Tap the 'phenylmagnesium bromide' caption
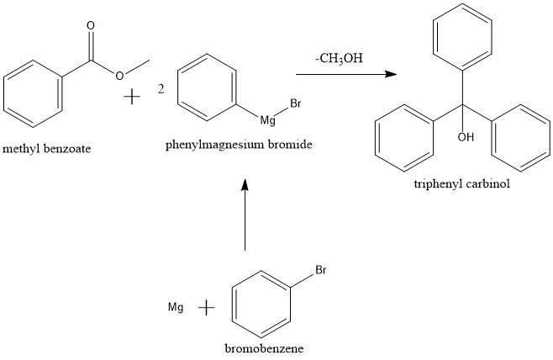[239, 145]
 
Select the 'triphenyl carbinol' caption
[461, 184]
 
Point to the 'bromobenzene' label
[264, 348]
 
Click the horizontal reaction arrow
[345, 74]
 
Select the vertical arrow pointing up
[245, 214]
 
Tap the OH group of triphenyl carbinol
[466, 137]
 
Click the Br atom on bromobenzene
[320, 271]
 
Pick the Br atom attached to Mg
[295, 103]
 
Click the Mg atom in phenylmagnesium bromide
[268, 121]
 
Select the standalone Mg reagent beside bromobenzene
[176, 308]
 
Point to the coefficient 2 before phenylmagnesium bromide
[161, 89]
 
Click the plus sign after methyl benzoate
[132, 97]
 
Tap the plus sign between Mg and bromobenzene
[206, 308]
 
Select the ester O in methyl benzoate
[120, 77]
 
